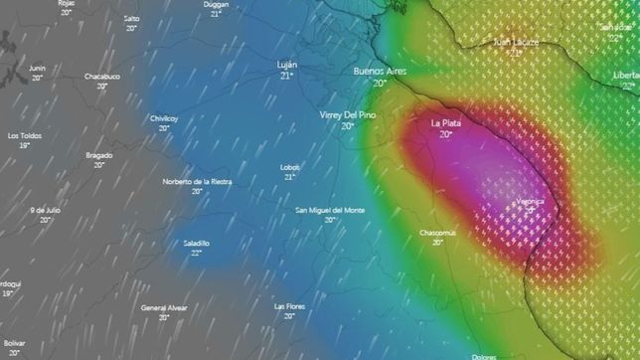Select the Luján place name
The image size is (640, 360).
[286, 65]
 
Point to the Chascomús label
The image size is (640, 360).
[437, 232]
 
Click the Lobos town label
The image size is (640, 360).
[290, 167]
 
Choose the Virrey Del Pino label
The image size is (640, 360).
[347, 115]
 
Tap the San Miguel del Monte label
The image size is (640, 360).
[330, 210]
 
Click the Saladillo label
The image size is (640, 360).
[197, 243]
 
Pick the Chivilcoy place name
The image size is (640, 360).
[164, 117]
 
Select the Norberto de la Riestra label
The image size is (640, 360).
[197, 181]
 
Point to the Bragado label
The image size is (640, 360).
[99, 155]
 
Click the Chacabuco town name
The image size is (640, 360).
[101, 75]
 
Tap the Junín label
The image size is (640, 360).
[38, 68]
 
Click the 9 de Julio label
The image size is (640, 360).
[46, 210]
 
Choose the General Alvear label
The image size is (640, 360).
[165, 307]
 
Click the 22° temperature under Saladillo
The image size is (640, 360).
[197, 253]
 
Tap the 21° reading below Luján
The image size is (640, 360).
[286, 76]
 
